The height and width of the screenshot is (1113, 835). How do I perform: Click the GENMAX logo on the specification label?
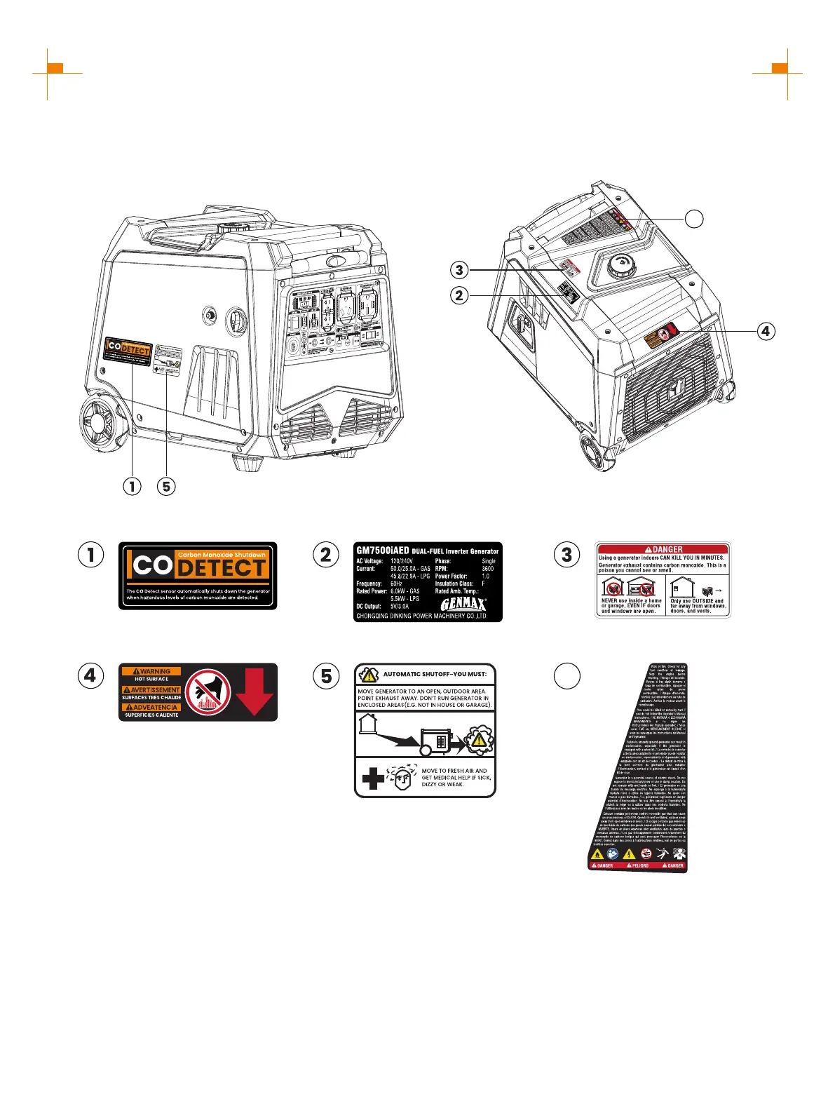pyautogui.click(x=463, y=604)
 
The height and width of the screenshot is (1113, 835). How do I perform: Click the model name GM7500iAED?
pyautogui.click(x=383, y=551)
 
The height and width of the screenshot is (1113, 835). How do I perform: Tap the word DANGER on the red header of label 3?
pyautogui.click(x=667, y=549)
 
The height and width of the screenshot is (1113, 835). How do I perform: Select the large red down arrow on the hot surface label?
pyautogui.click(x=254, y=691)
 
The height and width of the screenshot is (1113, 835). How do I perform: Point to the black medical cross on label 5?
pyautogui.click(x=373, y=778)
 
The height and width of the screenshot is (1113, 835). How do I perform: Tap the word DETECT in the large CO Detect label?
pyautogui.click(x=221, y=567)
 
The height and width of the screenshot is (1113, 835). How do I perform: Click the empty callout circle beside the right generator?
pyautogui.click(x=694, y=219)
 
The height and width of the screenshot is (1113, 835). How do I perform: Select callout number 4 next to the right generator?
pyautogui.click(x=766, y=330)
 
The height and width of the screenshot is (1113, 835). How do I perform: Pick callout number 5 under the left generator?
pyautogui.click(x=166, y=485)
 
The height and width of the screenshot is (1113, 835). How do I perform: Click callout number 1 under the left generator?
pyautogui.click(x=131, y=485)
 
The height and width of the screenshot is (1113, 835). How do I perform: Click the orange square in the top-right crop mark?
pyautogui.click(x=780, y=68)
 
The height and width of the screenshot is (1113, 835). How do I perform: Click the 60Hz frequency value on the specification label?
pyautogui.click(x=397, y=584)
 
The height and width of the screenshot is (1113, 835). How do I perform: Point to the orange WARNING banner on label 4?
pyautogui.click(x=152, y=671)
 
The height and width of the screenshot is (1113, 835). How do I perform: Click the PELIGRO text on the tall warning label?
pyautogui.click(x=640, y=865)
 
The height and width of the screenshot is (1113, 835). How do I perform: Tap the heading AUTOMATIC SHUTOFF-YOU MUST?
pyautogui.click(x=434, y=674)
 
